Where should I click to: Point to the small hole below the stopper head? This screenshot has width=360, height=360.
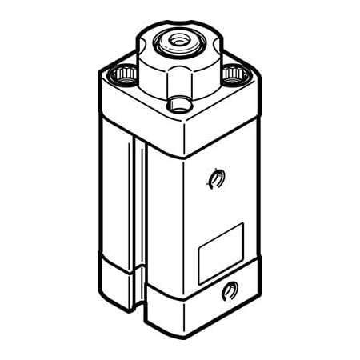pos(178,104)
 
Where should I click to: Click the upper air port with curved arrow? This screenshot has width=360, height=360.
pos(213,179)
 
